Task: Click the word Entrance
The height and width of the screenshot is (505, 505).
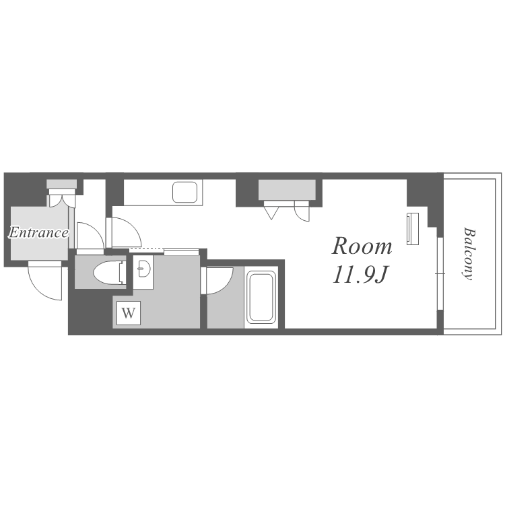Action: click(x=38, y=232)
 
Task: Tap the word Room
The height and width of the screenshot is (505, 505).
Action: click(x=362, y=246)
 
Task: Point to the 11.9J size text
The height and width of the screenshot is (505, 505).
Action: click(x=360, y=275)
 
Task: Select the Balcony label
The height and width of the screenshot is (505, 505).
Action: click(x=469, y=254)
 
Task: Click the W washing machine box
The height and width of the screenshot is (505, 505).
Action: click(x=129, y=312)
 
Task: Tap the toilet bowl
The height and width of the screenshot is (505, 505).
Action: click(x=110, y=273)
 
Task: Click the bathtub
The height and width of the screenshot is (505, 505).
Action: click(x=261, y=297)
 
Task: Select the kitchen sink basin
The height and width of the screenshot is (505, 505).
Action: click(x=185, y=193)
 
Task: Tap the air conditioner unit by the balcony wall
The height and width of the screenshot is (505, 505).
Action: click(x=413, y=229)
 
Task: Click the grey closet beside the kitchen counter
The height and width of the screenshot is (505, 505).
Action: click(x=287, y=190)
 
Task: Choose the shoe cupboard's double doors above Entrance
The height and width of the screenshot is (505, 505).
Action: click(x=62, y=201)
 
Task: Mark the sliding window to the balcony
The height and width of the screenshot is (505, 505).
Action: click(x=440, y=274)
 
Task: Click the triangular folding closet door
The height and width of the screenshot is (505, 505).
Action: click(x=271, y=213)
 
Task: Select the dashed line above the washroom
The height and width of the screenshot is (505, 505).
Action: click(x=147, y=249)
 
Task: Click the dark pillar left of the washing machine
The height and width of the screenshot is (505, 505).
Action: click(x=90, y=312)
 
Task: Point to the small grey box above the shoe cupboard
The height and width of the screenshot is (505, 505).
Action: click(x=61, y=184)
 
